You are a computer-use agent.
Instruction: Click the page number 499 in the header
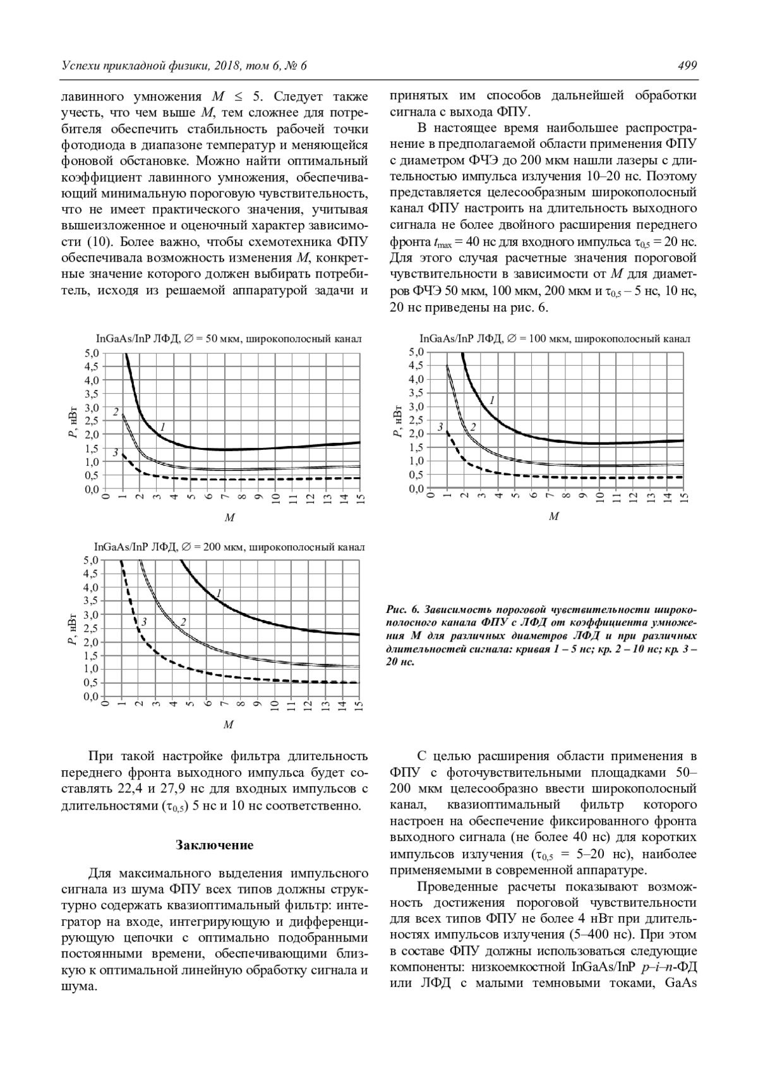click(x=687, y=66)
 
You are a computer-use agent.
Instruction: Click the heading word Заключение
click(x=215, y=845)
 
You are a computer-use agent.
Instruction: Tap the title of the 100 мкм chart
click(x=551, y=338)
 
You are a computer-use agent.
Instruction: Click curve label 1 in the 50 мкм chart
click(x=162, y=427)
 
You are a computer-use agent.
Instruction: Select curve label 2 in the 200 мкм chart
click(x=183, y=622)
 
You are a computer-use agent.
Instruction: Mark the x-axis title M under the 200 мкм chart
click(x=229, y=725)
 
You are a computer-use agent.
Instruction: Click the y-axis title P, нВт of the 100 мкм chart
click(x=397, y=420)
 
